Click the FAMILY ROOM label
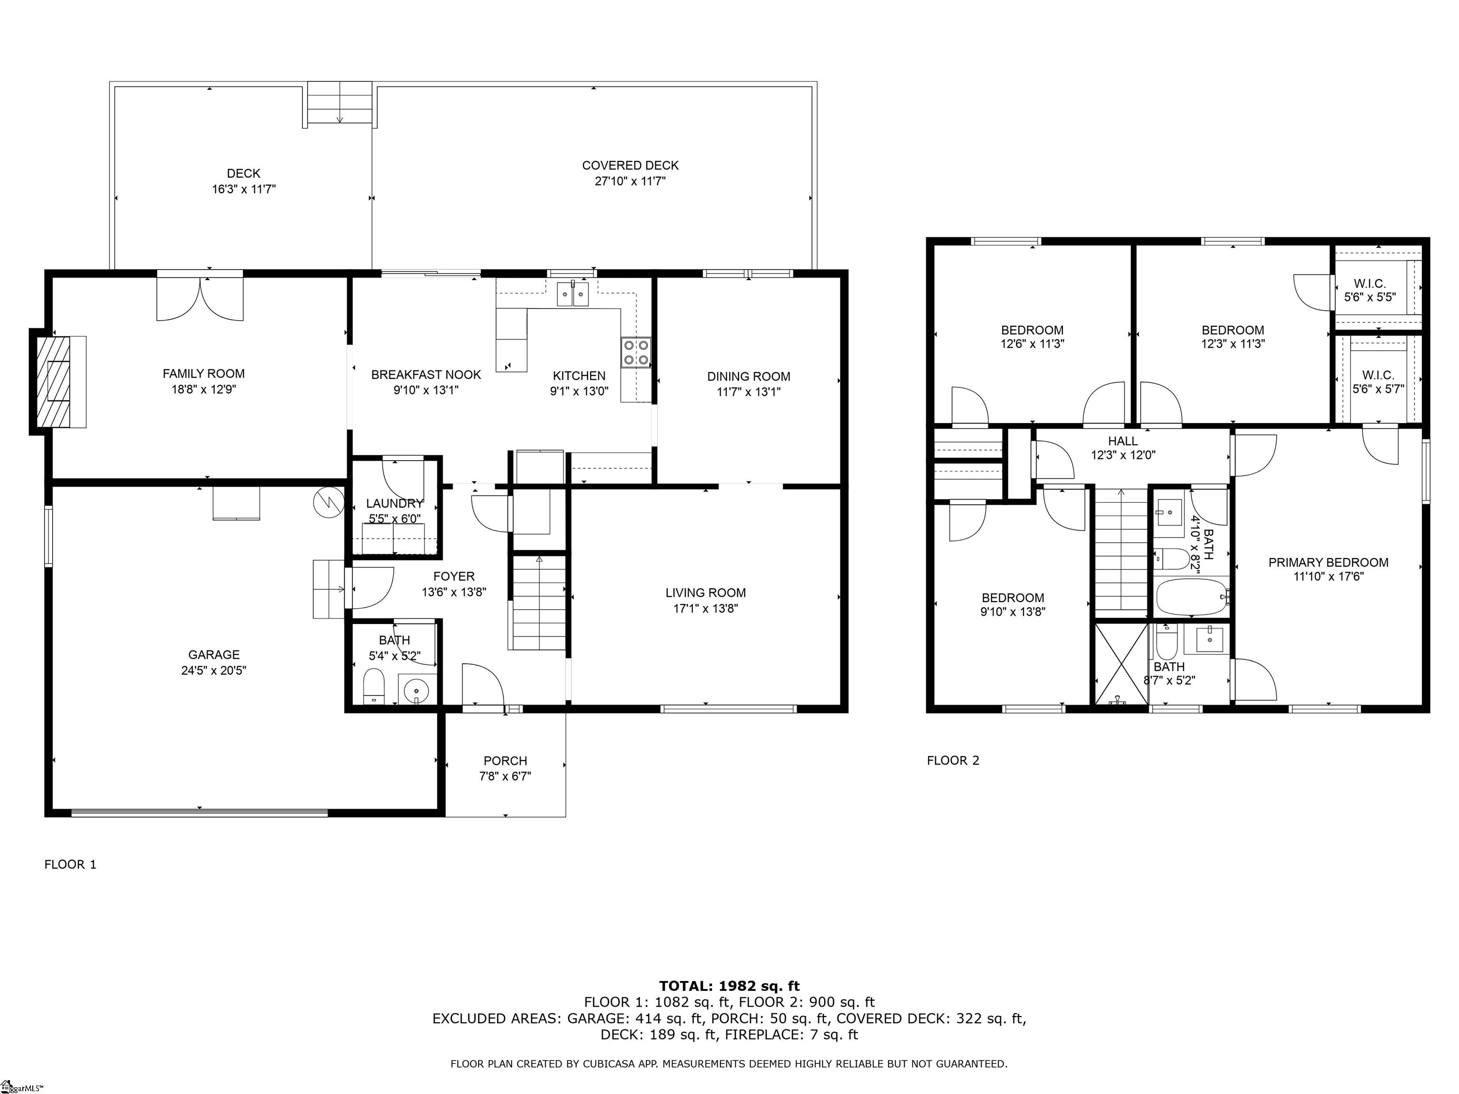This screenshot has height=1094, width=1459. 203,374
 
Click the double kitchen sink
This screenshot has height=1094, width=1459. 572,293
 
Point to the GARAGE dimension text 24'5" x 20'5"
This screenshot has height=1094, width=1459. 214,670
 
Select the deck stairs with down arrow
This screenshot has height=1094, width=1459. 340,104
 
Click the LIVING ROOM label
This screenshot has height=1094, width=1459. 706,593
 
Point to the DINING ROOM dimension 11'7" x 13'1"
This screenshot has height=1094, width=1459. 748,392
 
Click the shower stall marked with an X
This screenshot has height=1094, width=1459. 1121,664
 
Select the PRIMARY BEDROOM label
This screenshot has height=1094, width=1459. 1328,563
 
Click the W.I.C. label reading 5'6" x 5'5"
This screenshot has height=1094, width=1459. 1370,290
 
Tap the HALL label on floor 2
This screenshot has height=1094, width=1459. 1123,441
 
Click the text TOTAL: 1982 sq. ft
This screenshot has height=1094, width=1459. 729,986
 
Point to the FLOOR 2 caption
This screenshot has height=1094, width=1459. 953,760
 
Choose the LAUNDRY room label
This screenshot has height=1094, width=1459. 394,504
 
